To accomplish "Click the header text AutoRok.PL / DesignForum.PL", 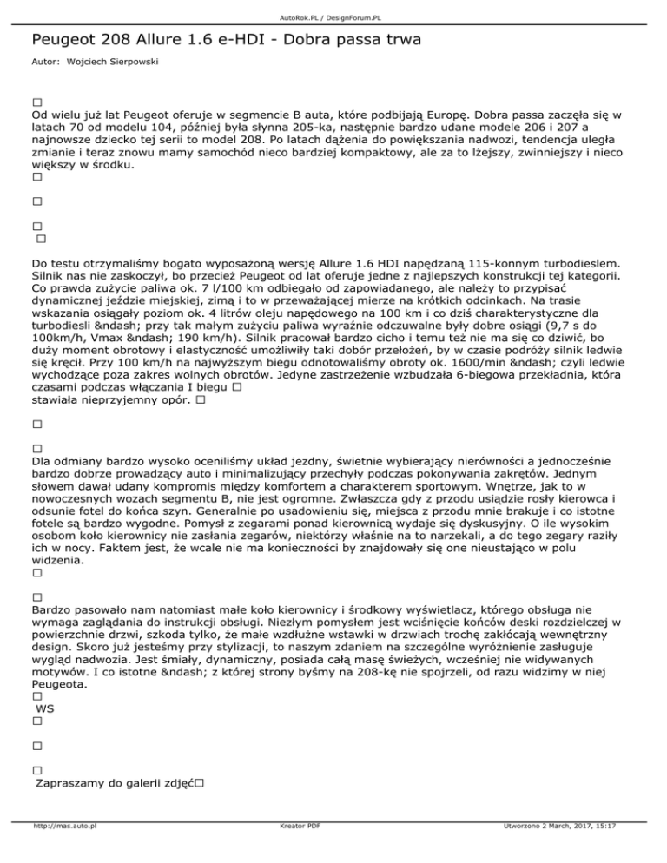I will coord(333,16).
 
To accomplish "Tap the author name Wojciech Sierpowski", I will coord(124,63).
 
